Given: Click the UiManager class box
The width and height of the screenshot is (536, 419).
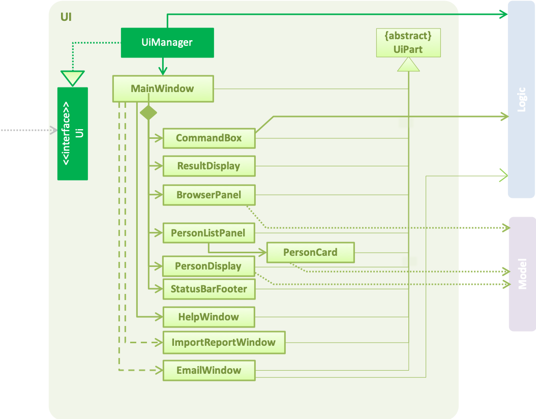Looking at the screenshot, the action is coord(167,43).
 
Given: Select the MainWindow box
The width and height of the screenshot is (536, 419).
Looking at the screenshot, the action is coord(163,89).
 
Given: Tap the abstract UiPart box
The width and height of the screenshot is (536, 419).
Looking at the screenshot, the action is coord(408,43).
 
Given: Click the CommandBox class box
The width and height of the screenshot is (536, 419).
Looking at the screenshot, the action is coord(209,138).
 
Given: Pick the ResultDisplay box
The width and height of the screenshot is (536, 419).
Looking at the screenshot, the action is coord(209,166).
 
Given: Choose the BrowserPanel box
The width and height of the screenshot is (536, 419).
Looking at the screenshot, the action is coord(209,195).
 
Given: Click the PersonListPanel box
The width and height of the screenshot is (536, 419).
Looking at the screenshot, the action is coord(209,233).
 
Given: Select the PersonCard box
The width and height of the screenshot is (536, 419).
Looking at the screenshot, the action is coord(310,253).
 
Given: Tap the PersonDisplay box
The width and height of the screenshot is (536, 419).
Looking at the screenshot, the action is coord(209,266).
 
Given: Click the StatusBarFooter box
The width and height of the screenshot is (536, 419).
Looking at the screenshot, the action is coord(209,289).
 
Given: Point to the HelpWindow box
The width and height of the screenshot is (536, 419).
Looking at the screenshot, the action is coord(209,317).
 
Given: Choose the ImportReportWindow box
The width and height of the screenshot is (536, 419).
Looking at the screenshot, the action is coord(224,342).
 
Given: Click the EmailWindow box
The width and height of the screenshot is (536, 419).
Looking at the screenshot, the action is coord(209,371).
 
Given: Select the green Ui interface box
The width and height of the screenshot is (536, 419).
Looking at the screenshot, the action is coord(73,134).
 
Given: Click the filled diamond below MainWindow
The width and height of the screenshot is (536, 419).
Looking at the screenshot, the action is coord(148,113).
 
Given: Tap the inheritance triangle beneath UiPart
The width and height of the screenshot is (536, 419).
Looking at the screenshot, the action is coord(408,65).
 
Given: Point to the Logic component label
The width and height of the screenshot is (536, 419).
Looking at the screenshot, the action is coord(521,100).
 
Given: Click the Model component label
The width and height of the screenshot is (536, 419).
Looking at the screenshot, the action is coord(522,274).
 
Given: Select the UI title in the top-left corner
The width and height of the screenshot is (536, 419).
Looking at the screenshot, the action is coord(66,17).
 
